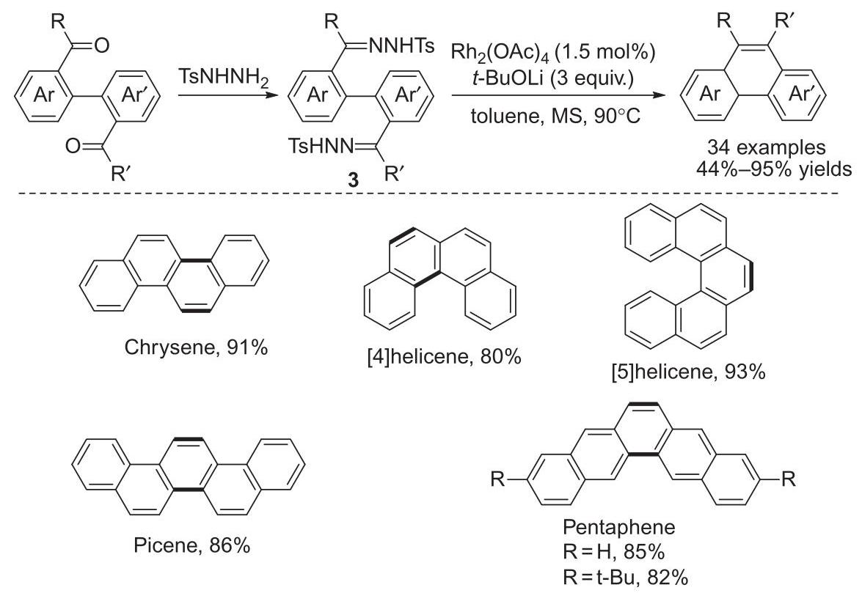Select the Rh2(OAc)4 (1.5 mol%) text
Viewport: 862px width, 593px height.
tap(554, 54)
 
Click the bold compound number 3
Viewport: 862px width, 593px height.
tap(352, 180)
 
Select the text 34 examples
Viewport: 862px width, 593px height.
tap(767, 147)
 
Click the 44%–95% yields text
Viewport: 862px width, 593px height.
tap(774, 169)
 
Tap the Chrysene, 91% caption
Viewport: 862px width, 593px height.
tap(196, 347)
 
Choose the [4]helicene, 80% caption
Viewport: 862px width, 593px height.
tap(444, 357)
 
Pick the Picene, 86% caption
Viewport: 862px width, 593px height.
tap(192, 545)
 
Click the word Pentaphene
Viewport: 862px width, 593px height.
tap(619, 527)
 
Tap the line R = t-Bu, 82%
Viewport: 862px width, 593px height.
tap(626, 577)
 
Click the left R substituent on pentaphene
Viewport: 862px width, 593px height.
tap(497, 479)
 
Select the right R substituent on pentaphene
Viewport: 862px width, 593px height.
tap(789, 479)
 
